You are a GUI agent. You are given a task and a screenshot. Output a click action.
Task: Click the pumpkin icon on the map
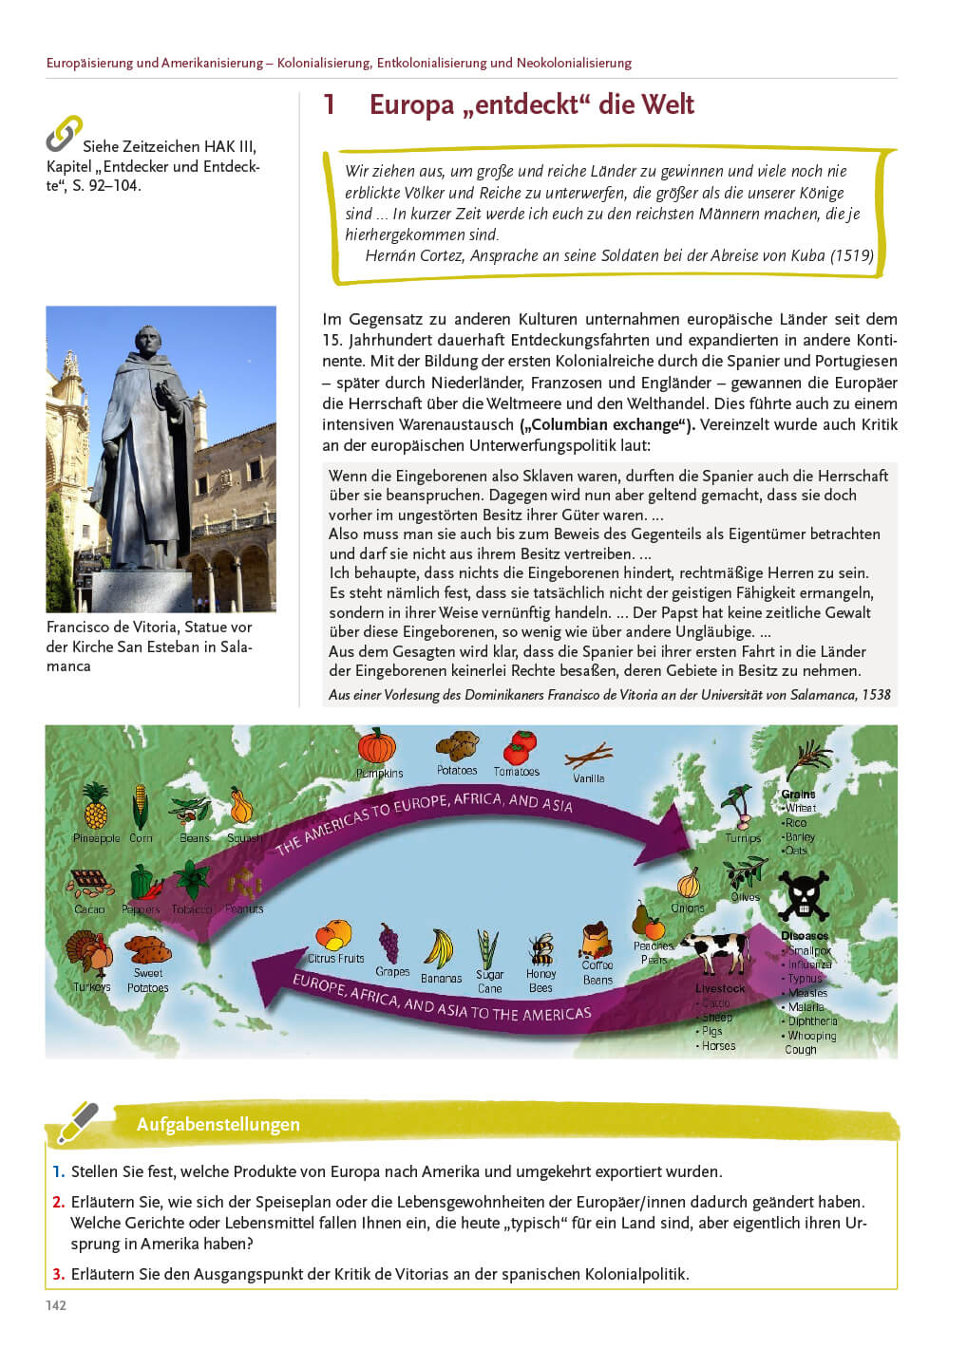(376, 746)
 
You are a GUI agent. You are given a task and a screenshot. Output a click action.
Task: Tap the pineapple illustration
(95, 807)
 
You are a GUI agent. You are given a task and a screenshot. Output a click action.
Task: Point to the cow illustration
(716, 951)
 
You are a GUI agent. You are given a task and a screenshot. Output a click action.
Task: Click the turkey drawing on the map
(88, 953)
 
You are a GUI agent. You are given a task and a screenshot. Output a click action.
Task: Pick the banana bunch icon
(439, 948)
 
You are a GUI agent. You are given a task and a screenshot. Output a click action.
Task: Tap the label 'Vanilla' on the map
(589, 778)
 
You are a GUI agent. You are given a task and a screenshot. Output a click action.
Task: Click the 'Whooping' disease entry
(812, 1036)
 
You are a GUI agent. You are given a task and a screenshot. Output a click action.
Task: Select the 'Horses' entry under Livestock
(718, 1046)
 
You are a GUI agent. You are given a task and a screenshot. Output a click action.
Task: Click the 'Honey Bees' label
(540, 981)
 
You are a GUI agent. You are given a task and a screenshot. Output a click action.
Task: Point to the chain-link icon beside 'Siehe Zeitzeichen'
(64, 134)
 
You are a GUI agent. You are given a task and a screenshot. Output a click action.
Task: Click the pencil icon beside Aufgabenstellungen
(78, 1122)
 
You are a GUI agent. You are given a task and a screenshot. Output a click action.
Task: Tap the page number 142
(56, 1305)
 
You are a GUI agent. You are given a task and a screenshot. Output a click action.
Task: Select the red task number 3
(58, 1274)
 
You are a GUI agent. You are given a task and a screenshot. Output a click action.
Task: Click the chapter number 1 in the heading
(330, 104)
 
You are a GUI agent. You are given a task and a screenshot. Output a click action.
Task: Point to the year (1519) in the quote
(852, 255)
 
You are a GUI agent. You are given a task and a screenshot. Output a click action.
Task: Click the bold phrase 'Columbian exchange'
(607, 424)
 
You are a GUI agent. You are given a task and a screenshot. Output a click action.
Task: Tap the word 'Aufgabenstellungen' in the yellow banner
(218, 1124)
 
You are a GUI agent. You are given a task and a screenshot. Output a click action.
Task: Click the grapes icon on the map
(389, 944)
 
